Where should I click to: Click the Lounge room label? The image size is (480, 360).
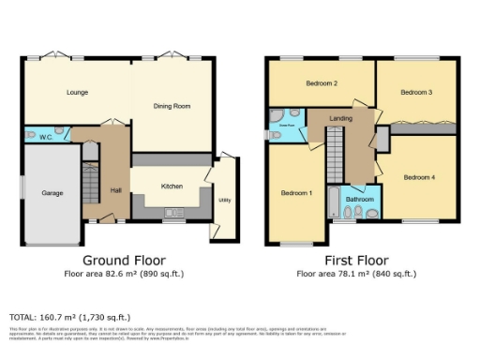coord(77,92)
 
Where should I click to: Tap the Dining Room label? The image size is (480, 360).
coord(172,106)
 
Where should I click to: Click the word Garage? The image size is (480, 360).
coord(52,193)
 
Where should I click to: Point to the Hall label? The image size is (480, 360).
coord(116,190)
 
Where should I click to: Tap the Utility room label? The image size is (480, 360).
coord(225,200)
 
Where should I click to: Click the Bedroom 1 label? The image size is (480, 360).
coord(296,194)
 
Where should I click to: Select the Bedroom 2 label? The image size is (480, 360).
coord(322,83)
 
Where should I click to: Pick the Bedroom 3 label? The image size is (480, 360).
coord(416,92)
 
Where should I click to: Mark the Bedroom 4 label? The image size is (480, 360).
coord(419,177)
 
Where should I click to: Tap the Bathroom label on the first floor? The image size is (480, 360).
coord(360,200)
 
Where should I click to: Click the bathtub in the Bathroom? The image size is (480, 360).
coord(335,202)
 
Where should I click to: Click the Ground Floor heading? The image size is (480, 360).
coord(125,260)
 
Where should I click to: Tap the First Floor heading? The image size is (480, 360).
coord(358,260)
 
